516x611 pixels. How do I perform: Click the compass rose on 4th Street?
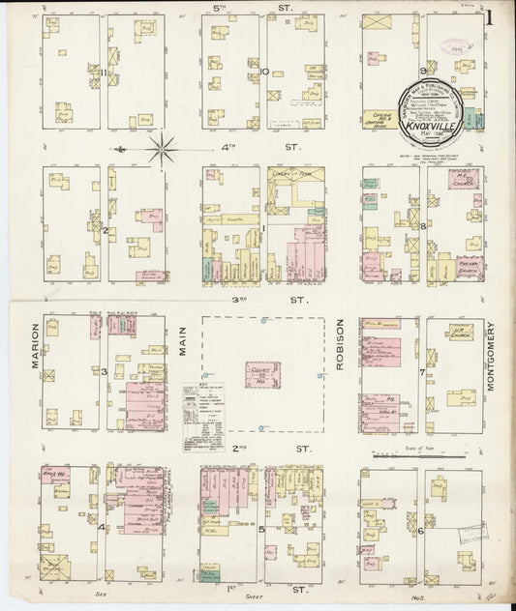(x=162, y=149)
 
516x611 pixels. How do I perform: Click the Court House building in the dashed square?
(x=261, y=374)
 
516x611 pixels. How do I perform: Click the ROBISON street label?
(x=340, y=345)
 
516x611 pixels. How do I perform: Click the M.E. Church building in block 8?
(x=465, y=180)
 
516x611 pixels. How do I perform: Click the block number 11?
(x=102, y=71)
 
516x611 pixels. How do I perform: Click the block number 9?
(x=423, y=71)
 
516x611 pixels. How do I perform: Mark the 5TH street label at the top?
(x=263, y=7)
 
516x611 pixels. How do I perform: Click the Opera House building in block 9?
(x=377, y=116)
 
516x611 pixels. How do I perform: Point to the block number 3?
(x=104, y=371)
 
